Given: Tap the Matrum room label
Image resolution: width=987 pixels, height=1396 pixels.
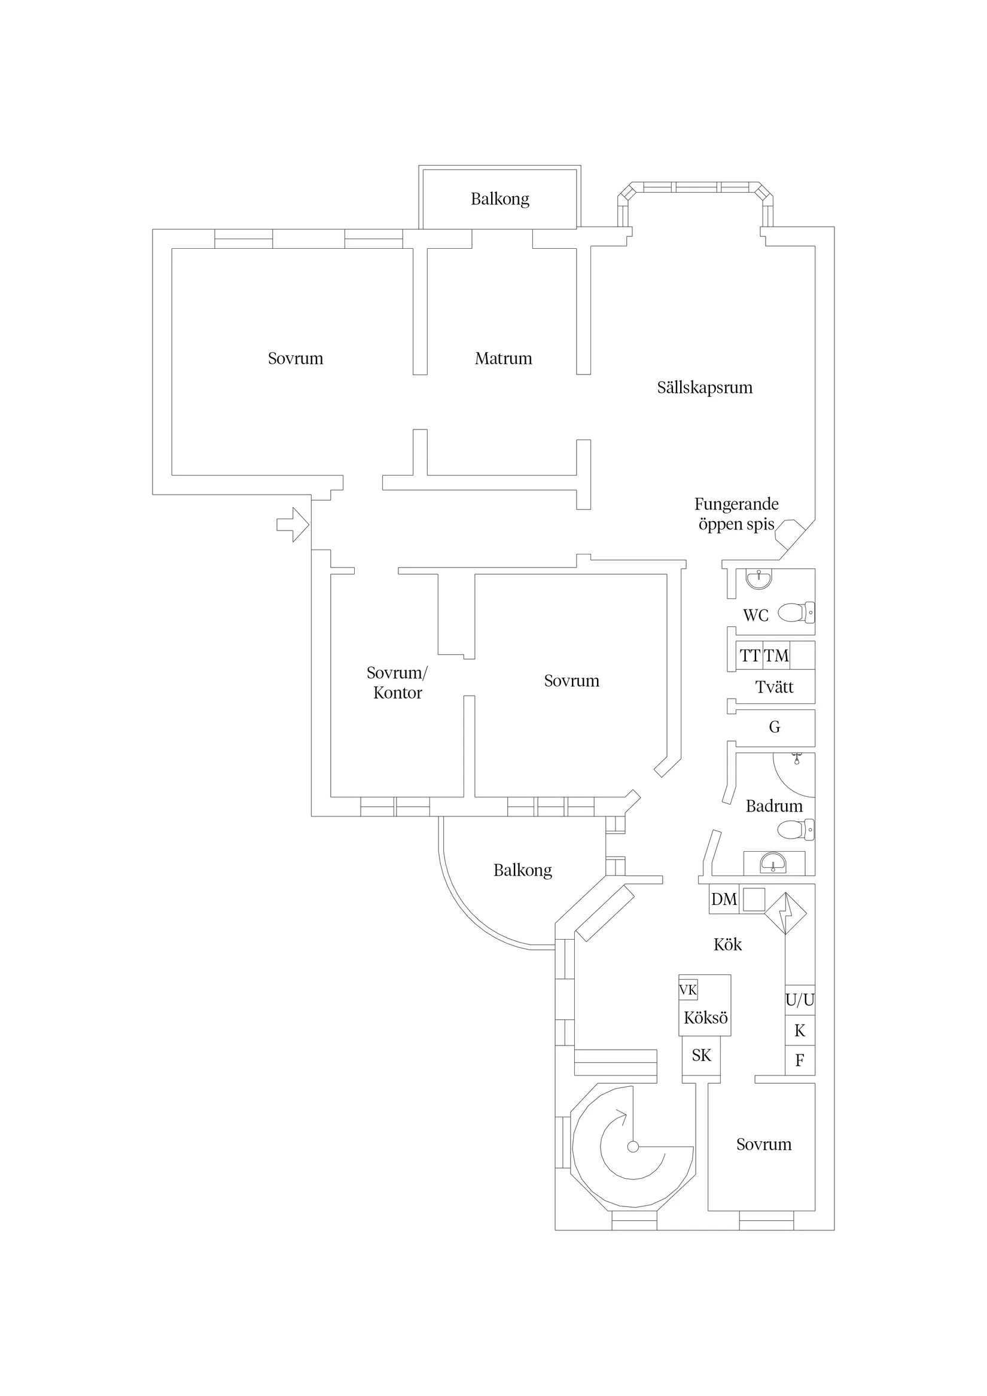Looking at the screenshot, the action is (503, 359).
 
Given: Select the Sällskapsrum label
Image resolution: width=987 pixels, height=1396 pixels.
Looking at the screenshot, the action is (704, 388).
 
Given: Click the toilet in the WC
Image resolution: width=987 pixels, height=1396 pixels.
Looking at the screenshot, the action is (796, 612).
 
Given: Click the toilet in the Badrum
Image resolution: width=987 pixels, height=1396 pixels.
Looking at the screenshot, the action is (796, 830).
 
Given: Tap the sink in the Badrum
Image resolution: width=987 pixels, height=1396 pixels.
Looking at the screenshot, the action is (773, 862).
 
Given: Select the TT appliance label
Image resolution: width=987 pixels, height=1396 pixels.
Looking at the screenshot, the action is (750, 656).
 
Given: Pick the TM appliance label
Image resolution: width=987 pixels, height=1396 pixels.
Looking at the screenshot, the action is (776, 656).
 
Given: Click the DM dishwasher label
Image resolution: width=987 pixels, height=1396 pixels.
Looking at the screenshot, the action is (724, 899).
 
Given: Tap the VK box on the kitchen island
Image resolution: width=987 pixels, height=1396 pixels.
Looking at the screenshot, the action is (688, 990).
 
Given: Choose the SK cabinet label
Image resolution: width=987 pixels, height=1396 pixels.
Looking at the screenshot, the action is (701, 1055).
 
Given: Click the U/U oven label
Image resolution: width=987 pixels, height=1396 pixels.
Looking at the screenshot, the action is (800, 1000).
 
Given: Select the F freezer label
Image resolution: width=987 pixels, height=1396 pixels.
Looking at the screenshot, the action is (800, 1061).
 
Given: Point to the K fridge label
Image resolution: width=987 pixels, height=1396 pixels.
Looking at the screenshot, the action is (800, 1031).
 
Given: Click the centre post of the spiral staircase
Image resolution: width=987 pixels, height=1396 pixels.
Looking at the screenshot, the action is (633, 1147).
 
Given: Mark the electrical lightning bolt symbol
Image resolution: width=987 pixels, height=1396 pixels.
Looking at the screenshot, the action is (785, 913).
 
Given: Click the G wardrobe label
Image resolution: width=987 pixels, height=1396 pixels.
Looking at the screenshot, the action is (774, 727).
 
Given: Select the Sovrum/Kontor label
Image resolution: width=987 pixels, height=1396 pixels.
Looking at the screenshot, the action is (397, 683).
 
